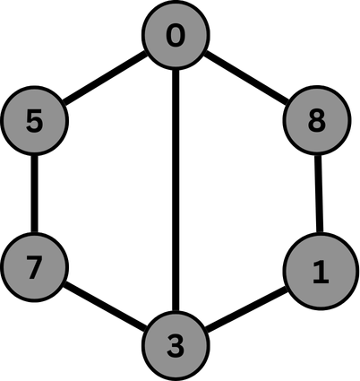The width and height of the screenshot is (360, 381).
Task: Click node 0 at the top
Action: pos(176,37)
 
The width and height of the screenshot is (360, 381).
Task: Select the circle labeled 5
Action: pos(34,121)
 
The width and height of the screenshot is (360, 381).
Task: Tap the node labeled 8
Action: pos(315,121)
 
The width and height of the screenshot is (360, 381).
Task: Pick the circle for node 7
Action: pos(34,267)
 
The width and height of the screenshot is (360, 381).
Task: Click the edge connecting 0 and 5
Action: pos(106,79)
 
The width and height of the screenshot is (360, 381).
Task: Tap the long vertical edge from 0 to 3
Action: pos(176,188)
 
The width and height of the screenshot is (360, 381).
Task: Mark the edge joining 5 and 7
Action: pos(34,195)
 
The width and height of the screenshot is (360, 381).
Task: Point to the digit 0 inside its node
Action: pos(176,37)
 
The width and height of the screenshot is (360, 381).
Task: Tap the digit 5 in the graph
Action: pos(34,121)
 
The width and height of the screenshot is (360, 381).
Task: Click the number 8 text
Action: pos(315,121)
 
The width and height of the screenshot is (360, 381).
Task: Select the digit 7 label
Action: pos(34,267)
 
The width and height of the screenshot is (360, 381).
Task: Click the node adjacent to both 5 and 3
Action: pos(176,37)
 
